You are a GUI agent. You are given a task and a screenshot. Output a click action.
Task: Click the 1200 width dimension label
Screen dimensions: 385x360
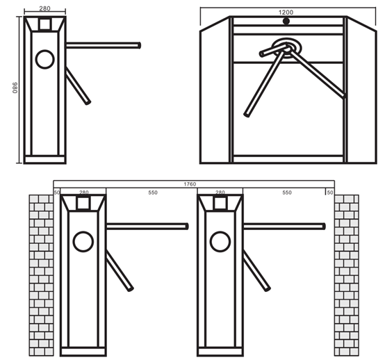click(x=286, y=13)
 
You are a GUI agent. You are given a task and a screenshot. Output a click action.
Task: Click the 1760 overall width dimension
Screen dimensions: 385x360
click(x=190, y=184)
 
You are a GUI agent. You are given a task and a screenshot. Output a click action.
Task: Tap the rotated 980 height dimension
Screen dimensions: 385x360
click(x=15, y=88)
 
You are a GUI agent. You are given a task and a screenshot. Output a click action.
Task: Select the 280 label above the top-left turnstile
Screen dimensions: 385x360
click(x=44, y=8)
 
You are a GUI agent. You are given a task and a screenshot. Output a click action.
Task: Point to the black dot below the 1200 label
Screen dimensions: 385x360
click(x=286, y=22)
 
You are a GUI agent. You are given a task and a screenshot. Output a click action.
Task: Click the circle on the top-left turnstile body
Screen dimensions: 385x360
click(x=44, y=59)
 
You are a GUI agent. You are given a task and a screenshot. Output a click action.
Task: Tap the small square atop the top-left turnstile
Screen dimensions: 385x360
click(x=44, y=24)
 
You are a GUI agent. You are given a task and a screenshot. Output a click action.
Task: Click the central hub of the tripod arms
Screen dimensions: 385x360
click(x=286, y=47)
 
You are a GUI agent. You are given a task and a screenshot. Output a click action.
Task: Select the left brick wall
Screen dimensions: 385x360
click(x=41, y=275)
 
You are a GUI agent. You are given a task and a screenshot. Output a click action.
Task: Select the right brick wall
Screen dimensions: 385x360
click(x=347, y=275)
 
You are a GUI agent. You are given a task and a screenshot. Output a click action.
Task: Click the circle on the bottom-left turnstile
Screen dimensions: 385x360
click(x=83, y=242)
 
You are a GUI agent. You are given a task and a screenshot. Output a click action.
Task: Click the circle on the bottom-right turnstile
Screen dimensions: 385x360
click(x=220, y=242)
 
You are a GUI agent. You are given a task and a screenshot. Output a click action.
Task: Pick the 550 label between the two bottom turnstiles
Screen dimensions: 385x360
click(x=153, y=193)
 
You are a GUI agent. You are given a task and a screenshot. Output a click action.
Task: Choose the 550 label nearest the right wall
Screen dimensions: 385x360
click(x=287, y=193)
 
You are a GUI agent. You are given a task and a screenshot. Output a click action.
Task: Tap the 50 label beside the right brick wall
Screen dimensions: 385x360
click(x=330, y=193)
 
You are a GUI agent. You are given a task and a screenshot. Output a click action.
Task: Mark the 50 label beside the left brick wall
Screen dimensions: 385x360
click(x=57, y=193)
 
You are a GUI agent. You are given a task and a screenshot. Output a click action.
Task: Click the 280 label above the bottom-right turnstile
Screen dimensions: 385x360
click(x=220, y=193)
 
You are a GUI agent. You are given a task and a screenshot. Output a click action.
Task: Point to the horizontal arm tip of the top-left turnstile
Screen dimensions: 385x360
click(x=140, y=45)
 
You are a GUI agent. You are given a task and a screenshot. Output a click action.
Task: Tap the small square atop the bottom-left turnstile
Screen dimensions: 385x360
click(x=83, y=203)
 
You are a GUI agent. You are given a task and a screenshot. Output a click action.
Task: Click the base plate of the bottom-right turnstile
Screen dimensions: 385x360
click(x=220, y=352)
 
